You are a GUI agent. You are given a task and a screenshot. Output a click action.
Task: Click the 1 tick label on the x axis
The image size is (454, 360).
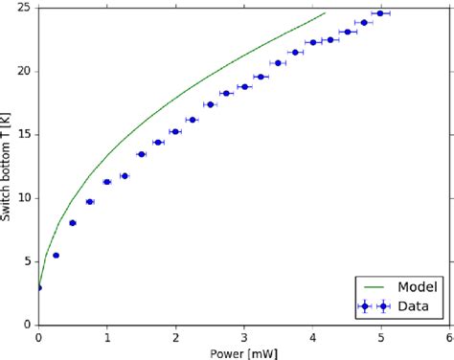pos(107,336)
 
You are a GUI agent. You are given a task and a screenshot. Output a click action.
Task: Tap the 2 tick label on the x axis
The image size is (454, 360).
pos(175,336)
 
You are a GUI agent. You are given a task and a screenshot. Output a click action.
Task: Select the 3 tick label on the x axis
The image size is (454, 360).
pos(244,336)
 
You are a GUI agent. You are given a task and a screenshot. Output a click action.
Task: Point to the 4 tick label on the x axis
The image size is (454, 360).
pos(313,336)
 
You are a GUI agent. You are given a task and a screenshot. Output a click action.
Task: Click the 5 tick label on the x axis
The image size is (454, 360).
pos(381,336)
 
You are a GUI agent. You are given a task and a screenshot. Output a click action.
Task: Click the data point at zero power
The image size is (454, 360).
pos(38,287)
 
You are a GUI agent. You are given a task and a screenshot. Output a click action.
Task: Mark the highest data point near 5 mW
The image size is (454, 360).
pos(380,13)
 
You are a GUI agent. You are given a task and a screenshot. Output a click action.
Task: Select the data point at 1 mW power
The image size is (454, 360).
pos(107,182)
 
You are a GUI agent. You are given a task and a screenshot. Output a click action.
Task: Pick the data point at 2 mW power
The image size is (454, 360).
pos(175,131)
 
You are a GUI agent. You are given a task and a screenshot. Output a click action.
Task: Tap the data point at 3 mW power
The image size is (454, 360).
pos(244,87)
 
